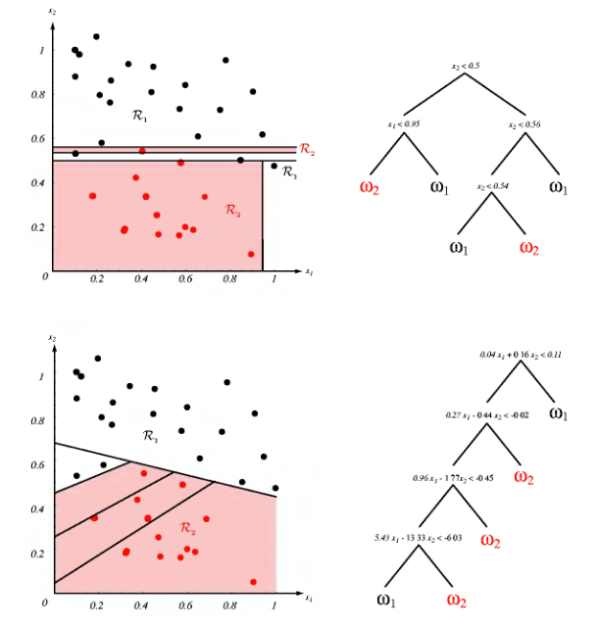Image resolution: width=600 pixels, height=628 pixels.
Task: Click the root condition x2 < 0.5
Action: pyautogui.click(x=466, y=66)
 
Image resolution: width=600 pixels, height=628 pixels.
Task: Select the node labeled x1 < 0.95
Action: pyautogui.click(x=406, y=124)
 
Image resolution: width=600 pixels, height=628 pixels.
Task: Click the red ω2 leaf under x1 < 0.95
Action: pyautogui.click(x=369, y=187)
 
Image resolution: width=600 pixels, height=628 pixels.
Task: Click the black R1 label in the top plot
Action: pyautogui.click(x=139, y=116)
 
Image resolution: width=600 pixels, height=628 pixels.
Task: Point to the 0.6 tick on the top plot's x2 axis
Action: pyautogui.click(x=40, y=139)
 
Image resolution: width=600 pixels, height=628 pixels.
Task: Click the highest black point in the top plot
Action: pyautogui.click(x=96, y=37)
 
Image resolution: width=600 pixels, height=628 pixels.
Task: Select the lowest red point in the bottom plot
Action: pyautogui.click(x=253, y=582)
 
